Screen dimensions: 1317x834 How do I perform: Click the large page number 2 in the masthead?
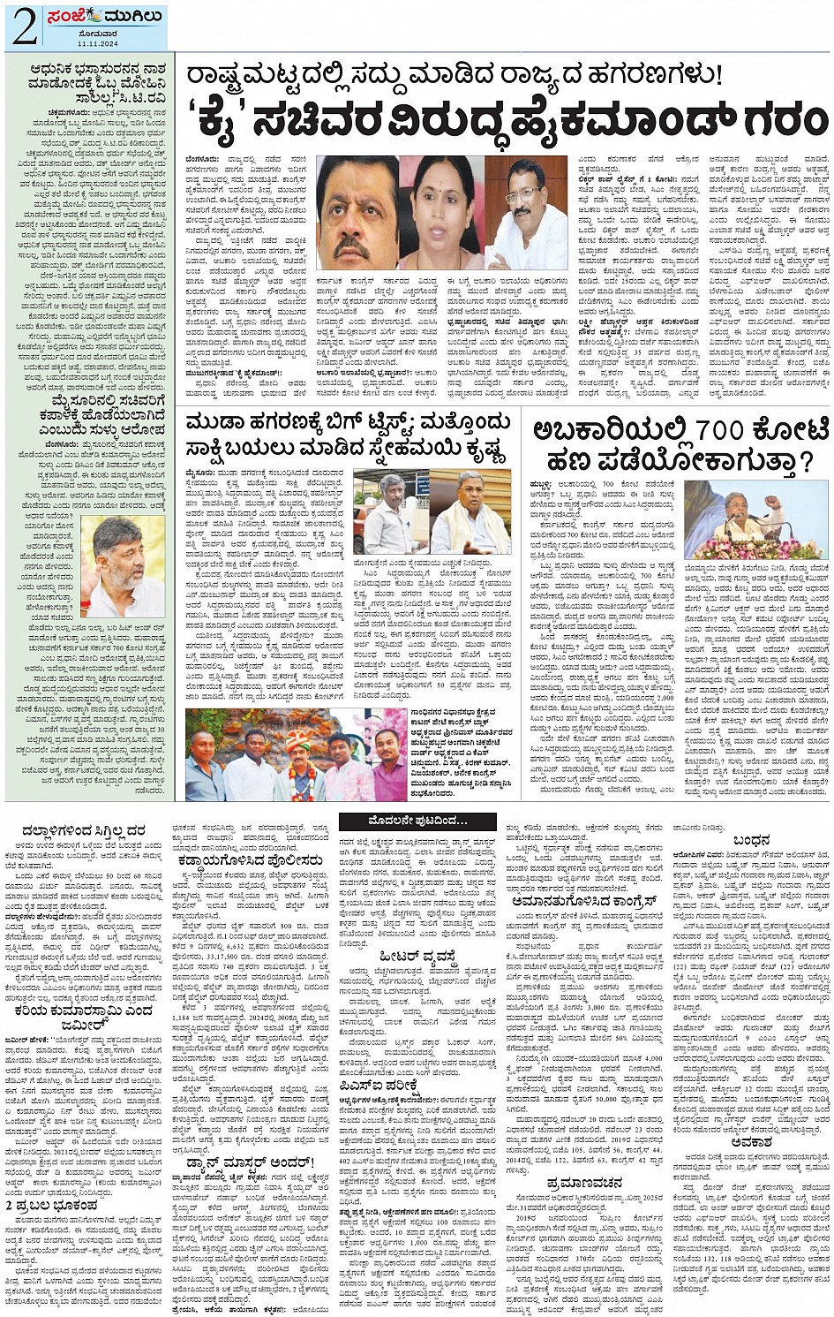pyautogui.click(x=23, y=27)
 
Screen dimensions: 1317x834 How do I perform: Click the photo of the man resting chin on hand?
pyautogui.click(x=123, y=566)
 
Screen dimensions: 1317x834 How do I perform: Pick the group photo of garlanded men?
pyautogui.click(x=296, y=755)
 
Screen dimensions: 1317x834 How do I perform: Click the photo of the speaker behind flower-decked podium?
pyautogui.click(x=755, y=521)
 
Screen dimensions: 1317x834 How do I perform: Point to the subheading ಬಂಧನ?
pyautogui.click(x=751, y=840)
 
